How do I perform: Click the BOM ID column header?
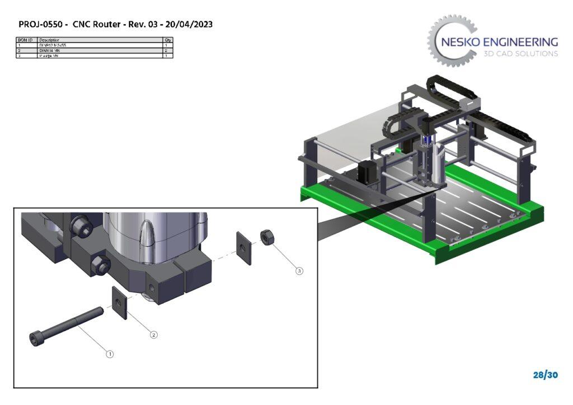click(x=26, y=40)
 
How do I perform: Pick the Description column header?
click(x=50, y=40)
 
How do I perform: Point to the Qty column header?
click(x=168, y=40)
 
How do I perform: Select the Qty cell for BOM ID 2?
click(x=168, y=50)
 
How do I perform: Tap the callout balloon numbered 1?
click(x=110, y=354)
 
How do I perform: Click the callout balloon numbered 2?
click(x=154, y=335)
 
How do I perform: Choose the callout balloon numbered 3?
click(x=299, y=271)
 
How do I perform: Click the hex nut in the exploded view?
click(x=266, y=238)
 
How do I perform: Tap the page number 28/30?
click(x=545, y=375)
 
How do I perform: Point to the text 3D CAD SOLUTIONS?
click(x=520, y=54)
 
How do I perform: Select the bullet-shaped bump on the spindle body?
click(x=148, y=234)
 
